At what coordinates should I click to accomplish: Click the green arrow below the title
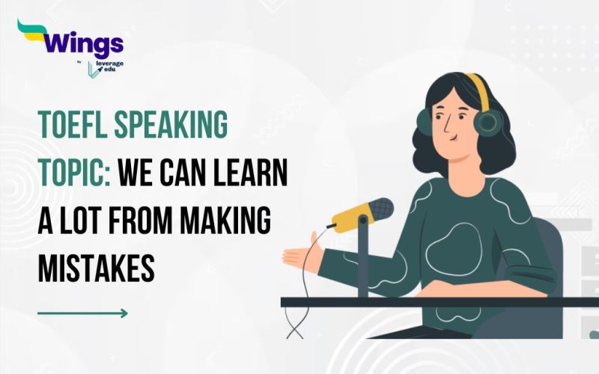[x=82, y=313]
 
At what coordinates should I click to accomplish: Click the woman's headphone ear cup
[x=489, y=120]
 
